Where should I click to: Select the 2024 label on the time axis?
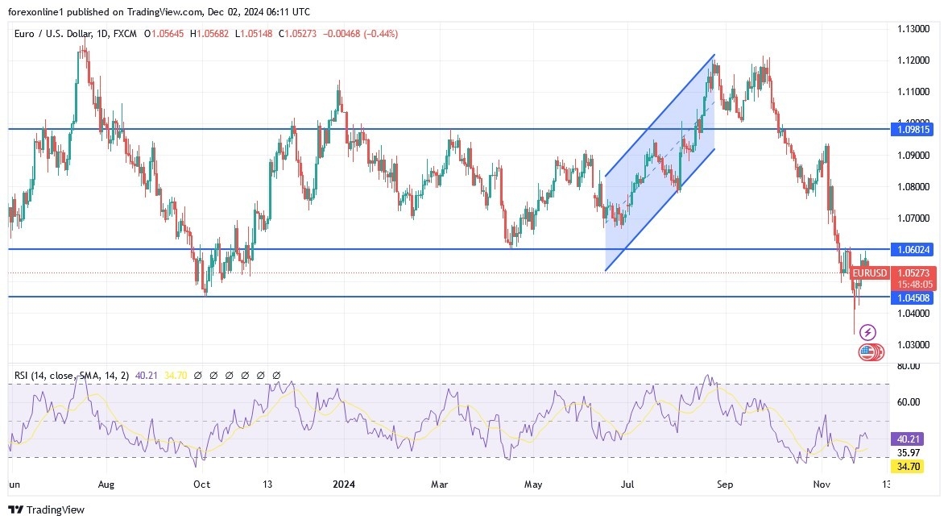(x=344, y=484)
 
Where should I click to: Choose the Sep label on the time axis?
(x=725, y=484)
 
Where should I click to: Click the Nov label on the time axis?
(x=822, y=484)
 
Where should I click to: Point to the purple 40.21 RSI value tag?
(x=912, y=439)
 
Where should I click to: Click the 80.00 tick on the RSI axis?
(x=908, y=366)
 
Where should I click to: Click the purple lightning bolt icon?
(x=867, y=332)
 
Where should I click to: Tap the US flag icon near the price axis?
(x=867, y=351)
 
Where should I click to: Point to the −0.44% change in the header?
(x=381, y=34)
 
